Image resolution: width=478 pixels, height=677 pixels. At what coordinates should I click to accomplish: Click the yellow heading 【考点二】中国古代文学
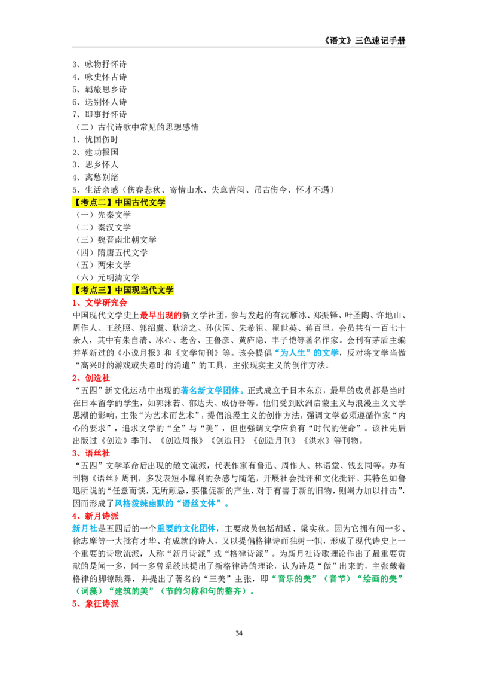pyautogui.click(x=119, y=203)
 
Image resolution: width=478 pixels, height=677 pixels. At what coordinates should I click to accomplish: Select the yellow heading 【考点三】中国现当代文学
pyautogui.click(x=124, y=290)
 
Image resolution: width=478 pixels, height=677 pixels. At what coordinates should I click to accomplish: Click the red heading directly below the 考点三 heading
pyautogui.click(x=100, y=303)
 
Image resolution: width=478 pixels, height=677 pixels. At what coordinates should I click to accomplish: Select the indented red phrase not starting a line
pyautogui.click(x=160, y=315)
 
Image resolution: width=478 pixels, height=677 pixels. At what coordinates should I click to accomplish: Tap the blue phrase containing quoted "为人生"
pyautogui.click(x=307, y=353)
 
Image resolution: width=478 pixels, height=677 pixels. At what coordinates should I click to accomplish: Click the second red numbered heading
pyautogui.click(x=93, y=378)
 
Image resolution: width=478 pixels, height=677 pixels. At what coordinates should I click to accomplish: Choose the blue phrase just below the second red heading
pyautogui.click(x=212, y=391)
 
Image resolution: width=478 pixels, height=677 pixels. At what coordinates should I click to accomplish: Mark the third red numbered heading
pyautogui.click(x=93, y=453)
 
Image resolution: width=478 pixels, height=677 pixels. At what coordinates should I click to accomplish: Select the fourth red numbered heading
pyautogui.click(x=96, y=516)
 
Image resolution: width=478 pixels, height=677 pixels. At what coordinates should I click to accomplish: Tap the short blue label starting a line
pyautogui.click(x=84, y=529)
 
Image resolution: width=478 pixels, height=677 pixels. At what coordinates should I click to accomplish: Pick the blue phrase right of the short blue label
pyautogui.click(x=186, y=529)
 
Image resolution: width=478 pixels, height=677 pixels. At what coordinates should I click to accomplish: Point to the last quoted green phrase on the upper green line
pyautogui.click(x=382, y=578)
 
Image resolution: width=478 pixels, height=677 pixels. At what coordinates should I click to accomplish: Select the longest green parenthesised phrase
pyautogui.click(x=204, y=591)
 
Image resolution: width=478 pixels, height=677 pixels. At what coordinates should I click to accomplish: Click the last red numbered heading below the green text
pyautogui.click(x=96, y=604)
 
